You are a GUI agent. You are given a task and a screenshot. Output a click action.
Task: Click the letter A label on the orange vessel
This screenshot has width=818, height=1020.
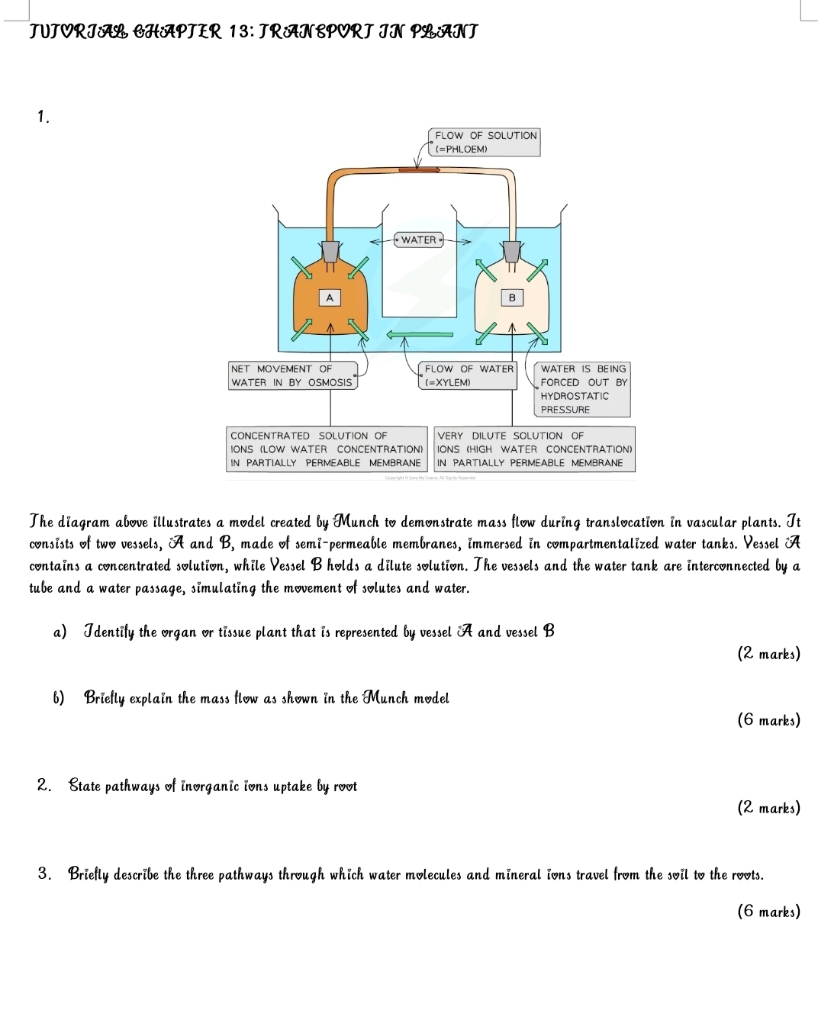point(329,297)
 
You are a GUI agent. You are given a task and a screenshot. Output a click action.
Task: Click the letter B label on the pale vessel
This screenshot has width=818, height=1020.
point(512,297)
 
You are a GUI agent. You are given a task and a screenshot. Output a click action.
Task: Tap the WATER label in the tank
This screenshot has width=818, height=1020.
point(419,240)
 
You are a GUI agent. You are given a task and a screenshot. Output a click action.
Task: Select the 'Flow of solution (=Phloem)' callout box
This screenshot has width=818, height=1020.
point(485,142)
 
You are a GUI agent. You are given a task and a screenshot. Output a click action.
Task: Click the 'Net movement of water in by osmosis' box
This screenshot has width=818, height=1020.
point(292,375)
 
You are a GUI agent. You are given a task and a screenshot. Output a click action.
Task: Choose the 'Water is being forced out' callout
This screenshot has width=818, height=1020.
point(584,389)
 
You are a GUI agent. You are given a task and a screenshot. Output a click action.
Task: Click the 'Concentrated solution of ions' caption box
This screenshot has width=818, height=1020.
point(326,449)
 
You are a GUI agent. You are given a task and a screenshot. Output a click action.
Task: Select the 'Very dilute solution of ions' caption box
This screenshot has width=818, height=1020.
point(534,449)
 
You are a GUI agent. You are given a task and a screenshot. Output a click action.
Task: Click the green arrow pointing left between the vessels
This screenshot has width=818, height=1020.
point(420,334)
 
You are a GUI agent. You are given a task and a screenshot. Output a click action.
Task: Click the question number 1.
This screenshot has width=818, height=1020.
point(43,117)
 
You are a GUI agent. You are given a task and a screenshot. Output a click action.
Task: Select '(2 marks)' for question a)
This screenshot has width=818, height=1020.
point(768,654)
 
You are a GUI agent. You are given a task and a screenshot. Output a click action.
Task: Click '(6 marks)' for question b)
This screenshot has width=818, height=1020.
point(768,719)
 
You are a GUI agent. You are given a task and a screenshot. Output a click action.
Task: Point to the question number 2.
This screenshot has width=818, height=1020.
point(44,786)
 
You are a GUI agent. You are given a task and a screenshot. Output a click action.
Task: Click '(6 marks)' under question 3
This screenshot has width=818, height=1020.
point(768,911)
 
